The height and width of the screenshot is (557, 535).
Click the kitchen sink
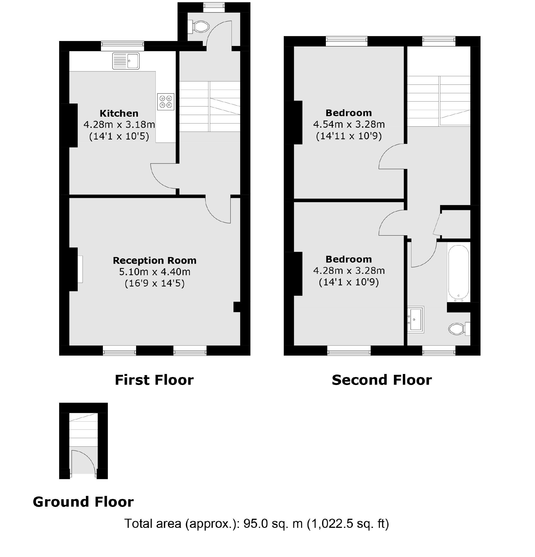click(x=125, y=61)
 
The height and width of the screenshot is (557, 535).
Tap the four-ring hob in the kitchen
click(x=166, y=102)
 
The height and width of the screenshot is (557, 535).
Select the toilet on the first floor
click(x=200, y=27)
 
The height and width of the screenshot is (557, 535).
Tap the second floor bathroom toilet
click(x=457, y=329)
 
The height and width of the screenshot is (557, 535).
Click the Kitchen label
click(x=119, y=113)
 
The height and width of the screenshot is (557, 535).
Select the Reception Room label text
click(x=154, y=260)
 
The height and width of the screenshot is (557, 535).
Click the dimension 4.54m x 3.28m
click(x=349, y=124)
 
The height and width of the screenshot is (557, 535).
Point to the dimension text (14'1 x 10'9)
click(x=349, y=282)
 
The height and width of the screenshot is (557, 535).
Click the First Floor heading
click(x=154, y=380)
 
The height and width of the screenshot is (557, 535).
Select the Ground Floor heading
click(x=83, y=502)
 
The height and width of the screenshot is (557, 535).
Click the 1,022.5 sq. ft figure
click(x=348, y=523)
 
